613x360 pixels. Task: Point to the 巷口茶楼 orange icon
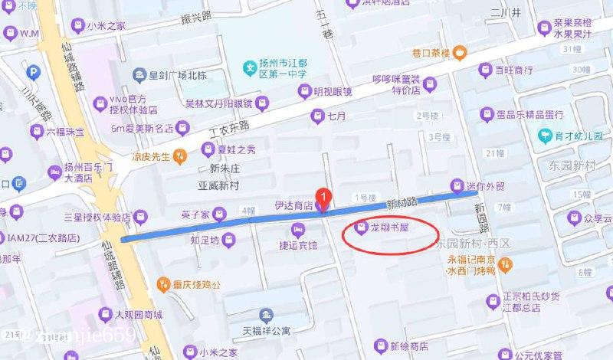[x=460, y=53]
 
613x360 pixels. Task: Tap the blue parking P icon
[x=33, y=73]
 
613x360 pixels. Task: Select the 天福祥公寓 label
[x=267, y=332]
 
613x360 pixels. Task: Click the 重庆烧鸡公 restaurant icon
[x=163, y=285]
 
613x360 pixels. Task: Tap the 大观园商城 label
[x=138, y=315]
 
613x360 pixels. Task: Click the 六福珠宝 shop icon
[x=35, y=133]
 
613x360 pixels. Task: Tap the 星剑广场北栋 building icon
[x=138, y=74]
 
